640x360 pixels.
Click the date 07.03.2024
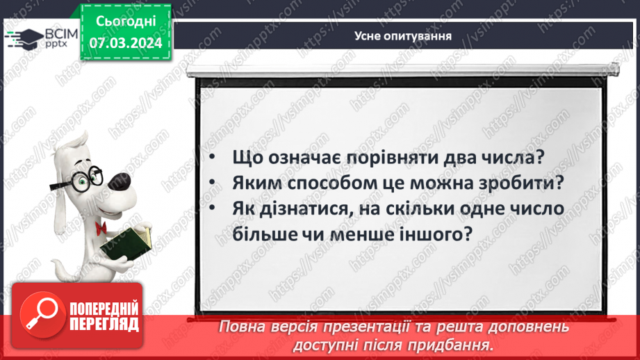125,43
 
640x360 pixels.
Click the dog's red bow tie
101,227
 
